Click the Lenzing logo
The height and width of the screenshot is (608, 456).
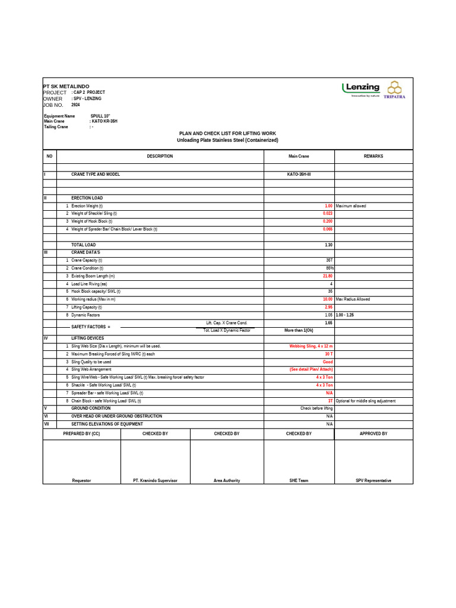pos(361,88)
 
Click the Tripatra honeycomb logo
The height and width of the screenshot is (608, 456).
pos(395,89)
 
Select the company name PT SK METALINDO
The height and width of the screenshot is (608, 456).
pos(66,86)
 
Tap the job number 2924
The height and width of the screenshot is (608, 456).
pos(75,104)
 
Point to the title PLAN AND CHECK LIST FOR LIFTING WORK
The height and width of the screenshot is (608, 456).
pos(227,134)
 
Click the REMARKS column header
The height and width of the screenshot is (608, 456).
pos(373,156)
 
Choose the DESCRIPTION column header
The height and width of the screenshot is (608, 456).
pos(160,156)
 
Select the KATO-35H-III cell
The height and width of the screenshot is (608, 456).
pos(299,175)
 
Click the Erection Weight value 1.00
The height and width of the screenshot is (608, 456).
pos(328,206)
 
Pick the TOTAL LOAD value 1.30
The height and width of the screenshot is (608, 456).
pos(328,245)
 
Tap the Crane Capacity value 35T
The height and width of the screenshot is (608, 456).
pos(329,260)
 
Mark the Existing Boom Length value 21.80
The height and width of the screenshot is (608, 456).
pos(327,276)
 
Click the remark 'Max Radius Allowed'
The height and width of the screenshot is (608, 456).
pos(353,299)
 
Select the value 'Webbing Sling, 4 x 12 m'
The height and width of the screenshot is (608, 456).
pos(311,346)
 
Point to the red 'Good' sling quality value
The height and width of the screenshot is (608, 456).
pos(328,362)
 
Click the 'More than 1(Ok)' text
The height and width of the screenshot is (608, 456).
pos(299,330)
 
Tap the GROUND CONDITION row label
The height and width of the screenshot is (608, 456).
pos(91,408)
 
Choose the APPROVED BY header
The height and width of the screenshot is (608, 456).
pos(373,434)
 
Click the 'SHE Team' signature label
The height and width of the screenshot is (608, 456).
pos(299,480)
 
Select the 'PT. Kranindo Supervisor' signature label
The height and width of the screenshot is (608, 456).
pos(155,480)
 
